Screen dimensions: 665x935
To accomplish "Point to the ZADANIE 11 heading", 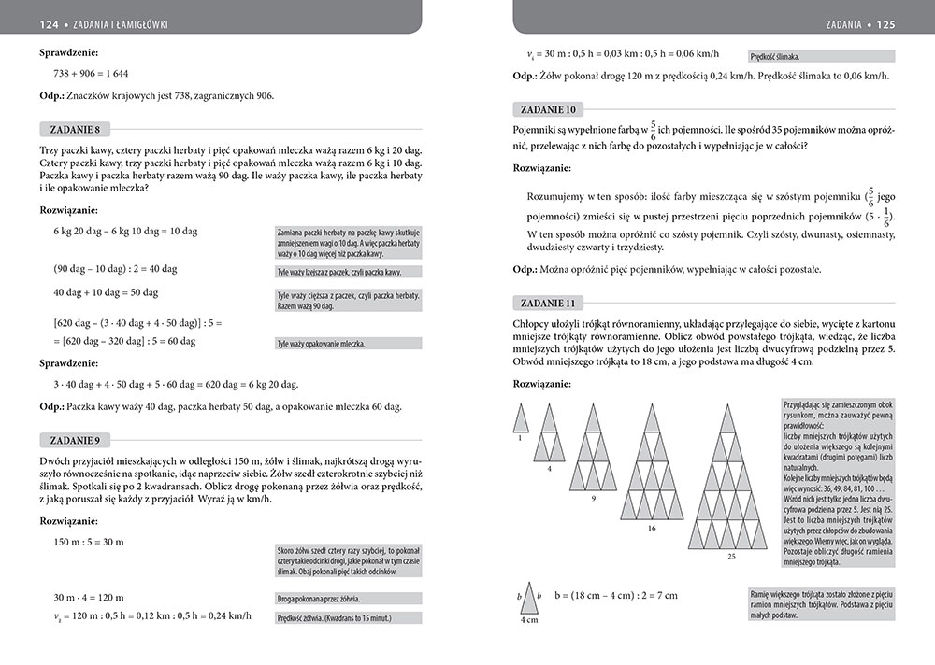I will pos(547,303).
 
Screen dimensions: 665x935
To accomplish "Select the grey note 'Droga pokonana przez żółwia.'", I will pos(318,599).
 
